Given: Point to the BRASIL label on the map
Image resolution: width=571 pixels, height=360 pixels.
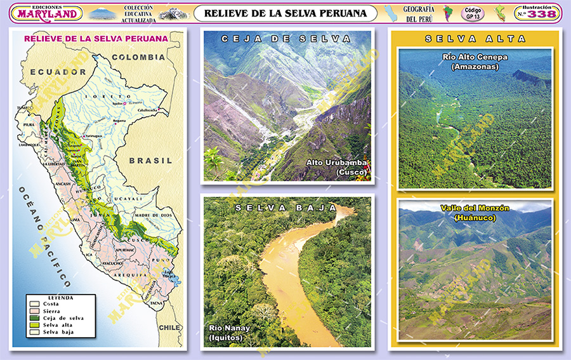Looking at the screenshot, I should [151, 161].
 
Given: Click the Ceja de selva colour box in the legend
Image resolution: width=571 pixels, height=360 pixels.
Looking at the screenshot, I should [35, 317].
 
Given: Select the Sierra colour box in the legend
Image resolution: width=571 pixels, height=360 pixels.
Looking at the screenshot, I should [35, 310].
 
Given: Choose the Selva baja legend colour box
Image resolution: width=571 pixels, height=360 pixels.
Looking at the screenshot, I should [35, 331].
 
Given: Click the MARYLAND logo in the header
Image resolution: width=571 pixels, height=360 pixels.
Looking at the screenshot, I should [48, 13].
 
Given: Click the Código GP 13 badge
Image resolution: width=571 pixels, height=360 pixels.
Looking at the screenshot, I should [473, 13].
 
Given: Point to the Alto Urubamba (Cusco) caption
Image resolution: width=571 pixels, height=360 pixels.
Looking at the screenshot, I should [338, 167].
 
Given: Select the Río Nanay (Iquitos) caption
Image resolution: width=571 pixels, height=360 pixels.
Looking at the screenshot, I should [230, 333].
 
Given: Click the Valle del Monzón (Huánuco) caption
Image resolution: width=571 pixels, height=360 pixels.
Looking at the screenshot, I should [475, 213].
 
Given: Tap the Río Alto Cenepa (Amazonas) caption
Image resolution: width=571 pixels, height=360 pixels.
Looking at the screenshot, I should [475, 62].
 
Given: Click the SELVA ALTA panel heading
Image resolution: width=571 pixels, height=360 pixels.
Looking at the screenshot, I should [475, 39].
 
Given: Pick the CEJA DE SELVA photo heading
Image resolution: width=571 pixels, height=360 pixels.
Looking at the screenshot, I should [285, 39].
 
